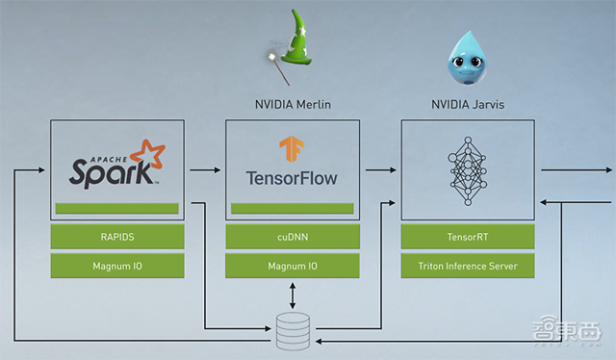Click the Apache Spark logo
(117, 165)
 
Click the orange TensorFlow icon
(292, 148)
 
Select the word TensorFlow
(292, 178)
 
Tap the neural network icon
(468, 171)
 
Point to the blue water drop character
(467, 58)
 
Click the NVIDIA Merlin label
(293, 105)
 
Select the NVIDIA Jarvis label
(468, 105)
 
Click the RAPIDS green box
(117, 237)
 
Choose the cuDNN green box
(293, 237)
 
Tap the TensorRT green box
(468, 237)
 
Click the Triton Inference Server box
(468, 266)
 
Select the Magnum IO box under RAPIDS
(117, 266)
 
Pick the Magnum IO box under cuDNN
(293, 266)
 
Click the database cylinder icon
(293, 331)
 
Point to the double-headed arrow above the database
(293, 296)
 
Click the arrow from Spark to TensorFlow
(205, 170)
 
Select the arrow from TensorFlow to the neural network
(381, 170)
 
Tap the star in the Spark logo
(148, 155)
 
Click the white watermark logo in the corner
(567, 330)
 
